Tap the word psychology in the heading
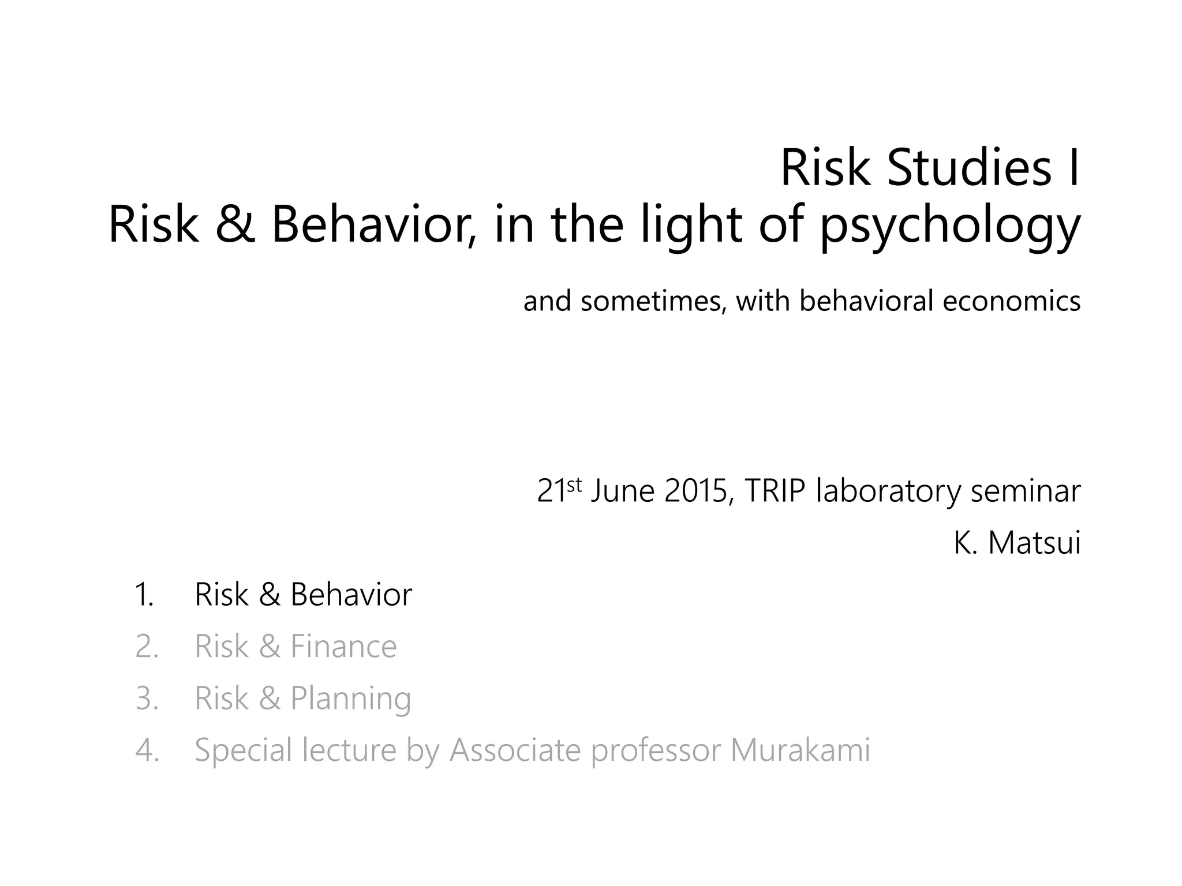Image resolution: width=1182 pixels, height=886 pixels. click(950, 226)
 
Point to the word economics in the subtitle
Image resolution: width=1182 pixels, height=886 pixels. click(1011, 301)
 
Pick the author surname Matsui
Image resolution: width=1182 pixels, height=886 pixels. click(1034, 543)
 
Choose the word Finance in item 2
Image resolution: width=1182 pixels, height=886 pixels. click(343, 646)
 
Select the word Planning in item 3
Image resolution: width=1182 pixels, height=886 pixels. click(350, 699)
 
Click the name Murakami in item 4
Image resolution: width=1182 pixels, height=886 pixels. click(800, 750)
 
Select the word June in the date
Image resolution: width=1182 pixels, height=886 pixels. click(623, 491)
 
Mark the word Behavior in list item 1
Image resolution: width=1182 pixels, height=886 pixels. click(351, 594)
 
